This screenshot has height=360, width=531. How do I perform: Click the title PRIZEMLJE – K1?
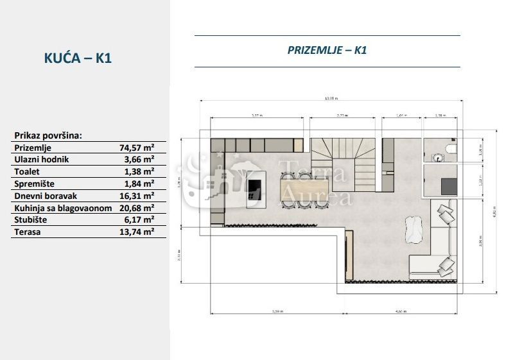pos(327,51)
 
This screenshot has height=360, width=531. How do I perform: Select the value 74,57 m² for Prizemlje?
pos(137,147)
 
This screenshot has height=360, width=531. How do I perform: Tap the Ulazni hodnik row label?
pos(41,159)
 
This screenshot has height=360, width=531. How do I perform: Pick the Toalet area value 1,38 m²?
pos(139,171)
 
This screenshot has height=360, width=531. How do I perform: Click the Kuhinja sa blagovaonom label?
pos(63,208)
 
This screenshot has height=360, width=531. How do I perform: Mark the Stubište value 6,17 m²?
pos(139,220)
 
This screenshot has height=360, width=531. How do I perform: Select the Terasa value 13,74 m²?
pos(137,232)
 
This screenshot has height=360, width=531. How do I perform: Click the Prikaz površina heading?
pos(48,135)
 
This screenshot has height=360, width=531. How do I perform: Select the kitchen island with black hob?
pos(255,187)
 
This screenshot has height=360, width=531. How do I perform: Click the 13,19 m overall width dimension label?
pos(331,99)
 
